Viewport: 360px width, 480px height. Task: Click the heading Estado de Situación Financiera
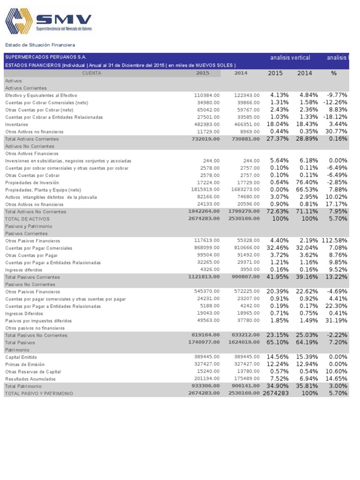click(40, 45)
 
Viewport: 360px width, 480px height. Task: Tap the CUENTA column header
click(91, 73)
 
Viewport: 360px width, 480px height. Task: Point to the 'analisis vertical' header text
click(290, 58)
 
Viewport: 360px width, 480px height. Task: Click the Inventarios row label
click(16, 124)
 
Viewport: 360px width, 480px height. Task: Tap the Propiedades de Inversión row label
click(32, 182)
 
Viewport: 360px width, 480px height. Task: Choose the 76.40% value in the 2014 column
click(308, 182)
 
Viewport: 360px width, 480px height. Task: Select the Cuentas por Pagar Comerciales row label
click(38, 248)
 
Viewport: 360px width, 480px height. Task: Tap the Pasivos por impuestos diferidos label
click(38, 321)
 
